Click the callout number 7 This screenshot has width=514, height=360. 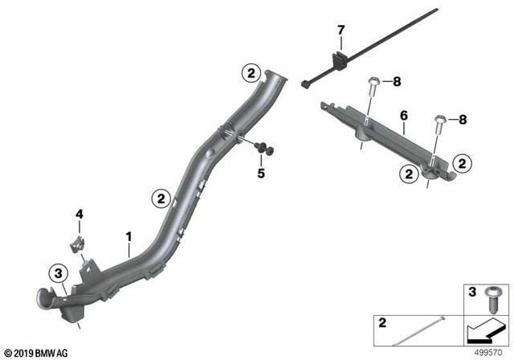[x=341, y=31]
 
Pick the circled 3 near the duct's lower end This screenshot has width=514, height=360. [x=59, y=275]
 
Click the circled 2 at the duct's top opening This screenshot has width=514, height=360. [x=251, y=74]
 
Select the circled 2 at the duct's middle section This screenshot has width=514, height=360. [x=161, y=197]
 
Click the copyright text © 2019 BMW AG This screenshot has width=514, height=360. [x=37, y=351]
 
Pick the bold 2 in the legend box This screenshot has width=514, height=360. [x=381, y=323]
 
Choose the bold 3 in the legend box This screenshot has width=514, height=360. [x=471, y=289]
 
